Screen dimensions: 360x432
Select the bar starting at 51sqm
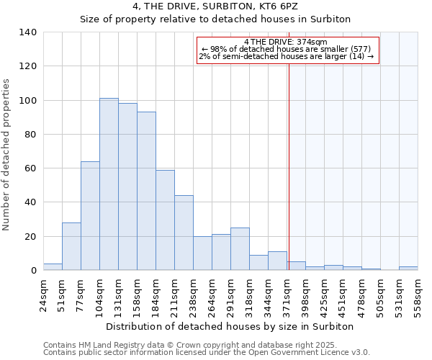[x=71, y=246]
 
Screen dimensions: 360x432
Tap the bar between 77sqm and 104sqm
[x=90, y=216]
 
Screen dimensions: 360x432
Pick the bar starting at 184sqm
[x=165, y=220]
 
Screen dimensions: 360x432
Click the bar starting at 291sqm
[x=240, y=249]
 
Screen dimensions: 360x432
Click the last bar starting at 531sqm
[x=408, y=269]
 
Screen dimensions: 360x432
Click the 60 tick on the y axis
[x=30, y=168]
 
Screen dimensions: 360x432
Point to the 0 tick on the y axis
[x=33, y=271]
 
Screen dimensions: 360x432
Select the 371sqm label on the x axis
[x=287, y=294]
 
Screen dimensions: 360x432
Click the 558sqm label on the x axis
[x=418, y=294]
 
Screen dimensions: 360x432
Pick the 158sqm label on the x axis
[x=137, y=294]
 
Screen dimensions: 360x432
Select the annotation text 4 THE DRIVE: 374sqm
[x=286, y=42]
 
